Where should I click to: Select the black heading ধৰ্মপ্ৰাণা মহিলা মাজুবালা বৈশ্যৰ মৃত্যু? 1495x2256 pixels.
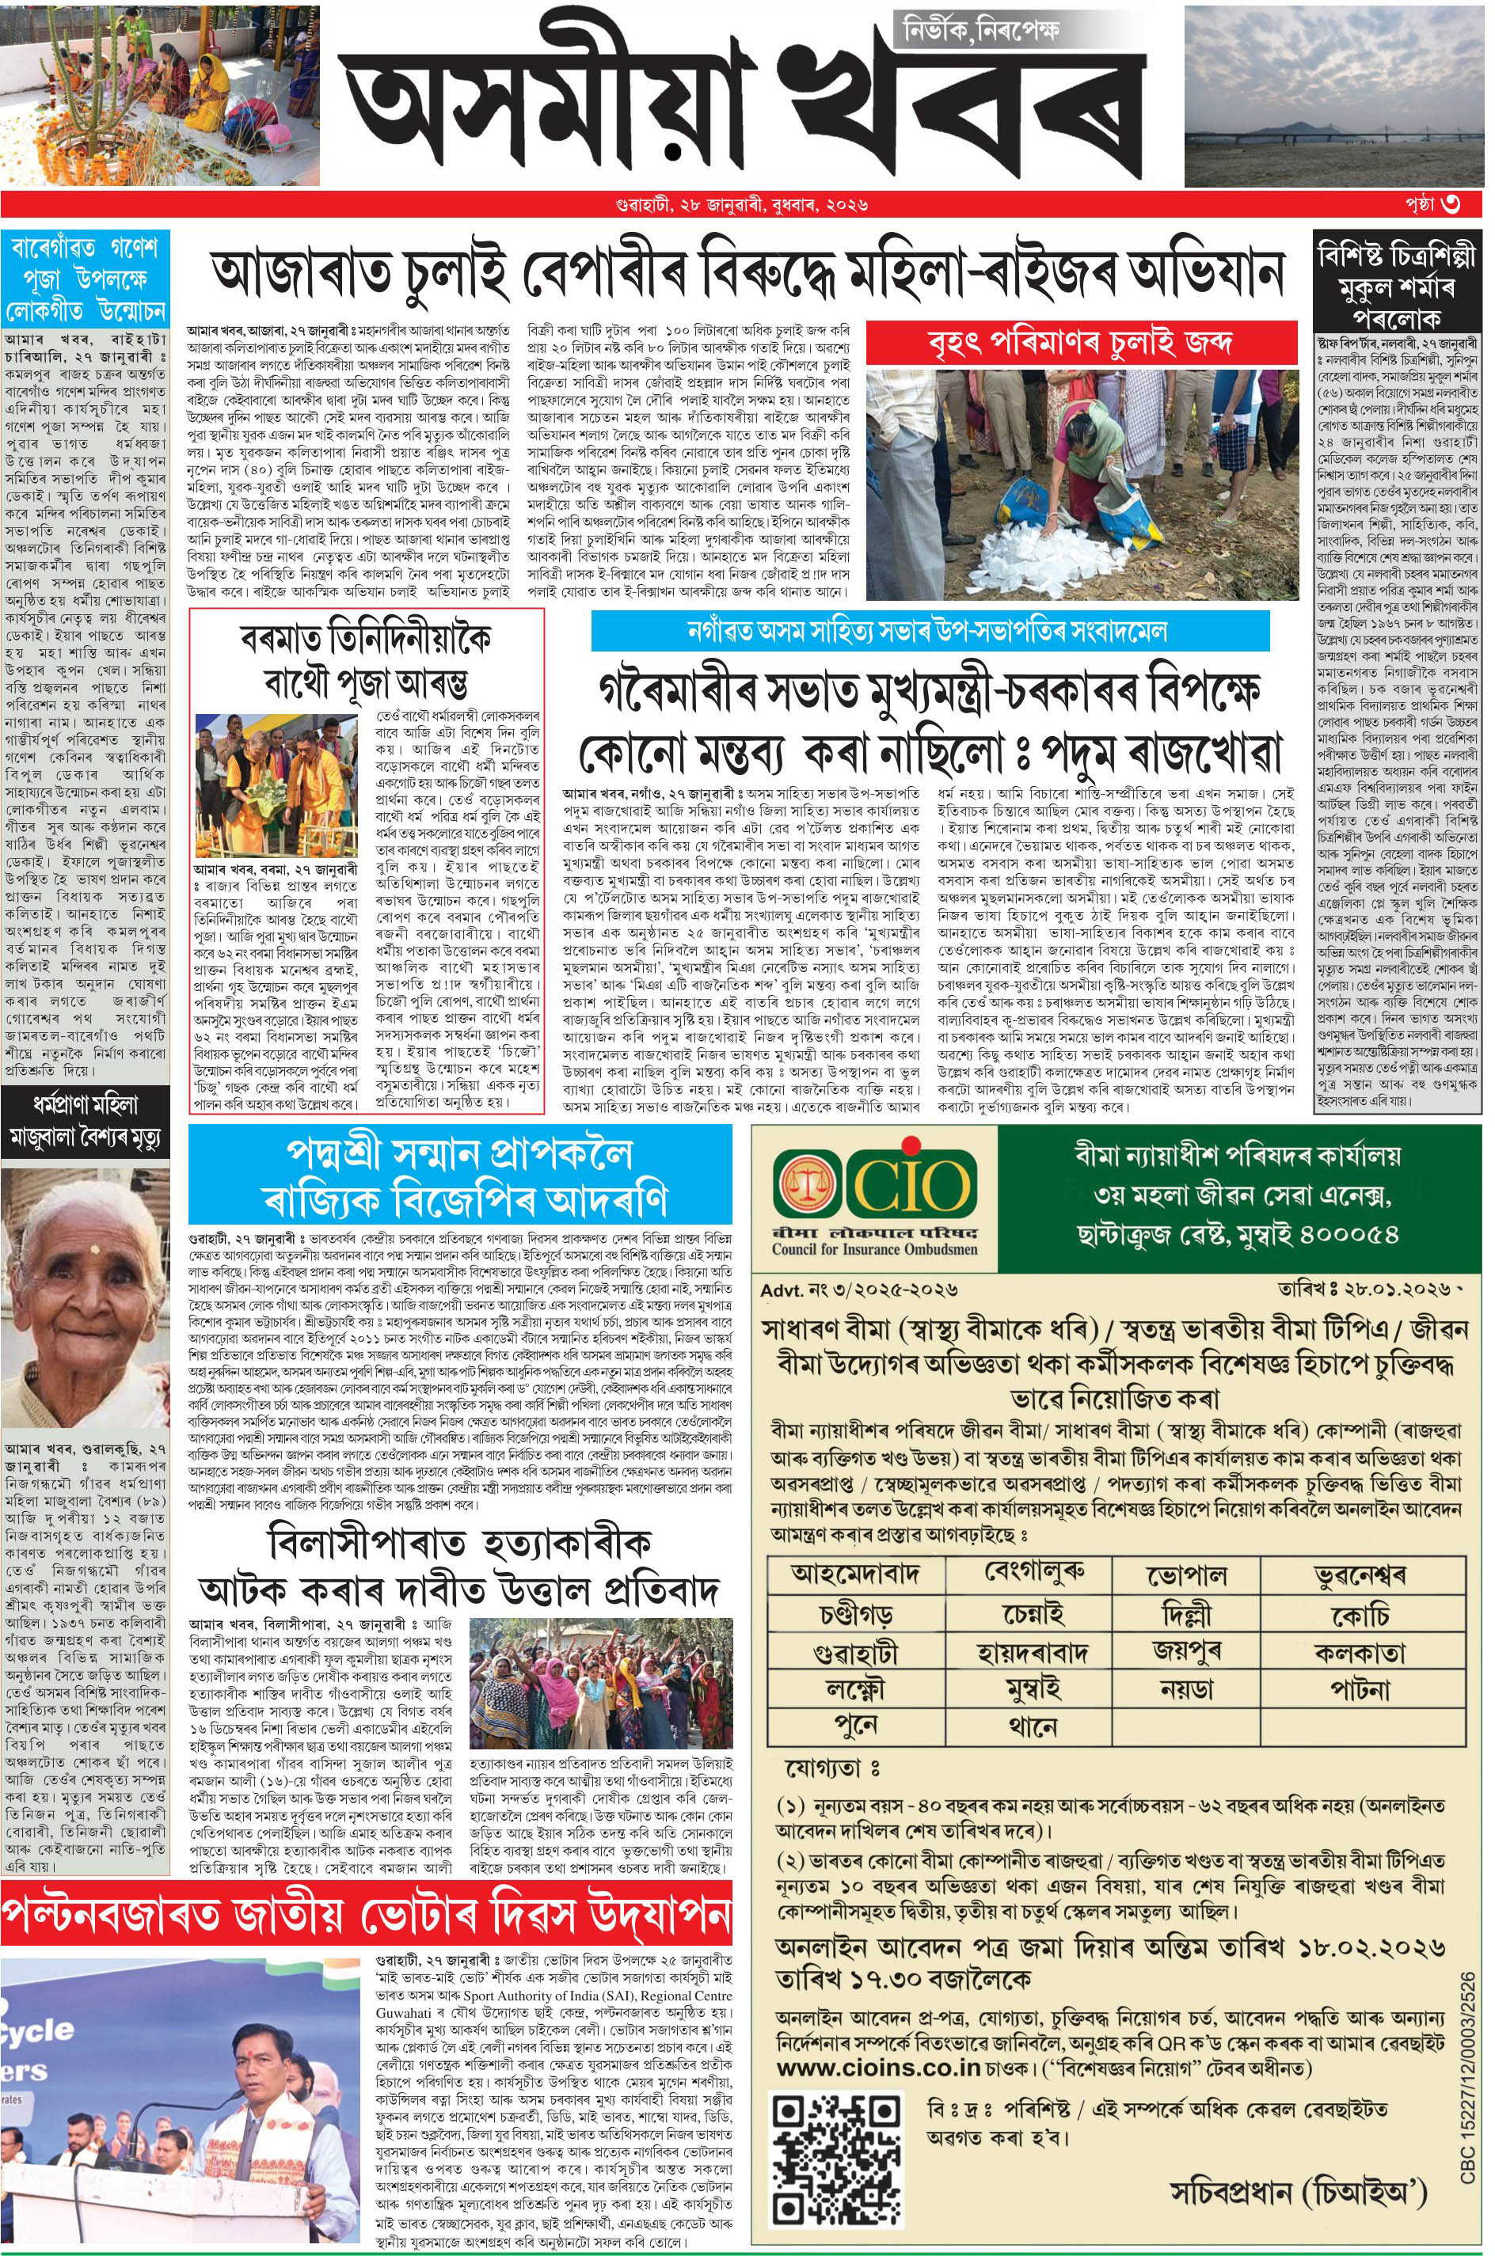[x=85, y=1121]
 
